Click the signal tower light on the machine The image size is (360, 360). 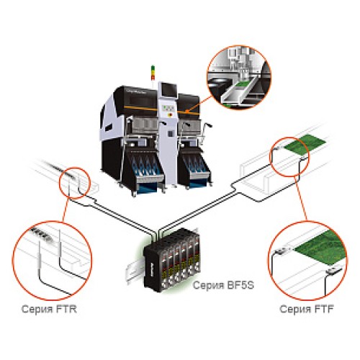(x=153, y=71)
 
